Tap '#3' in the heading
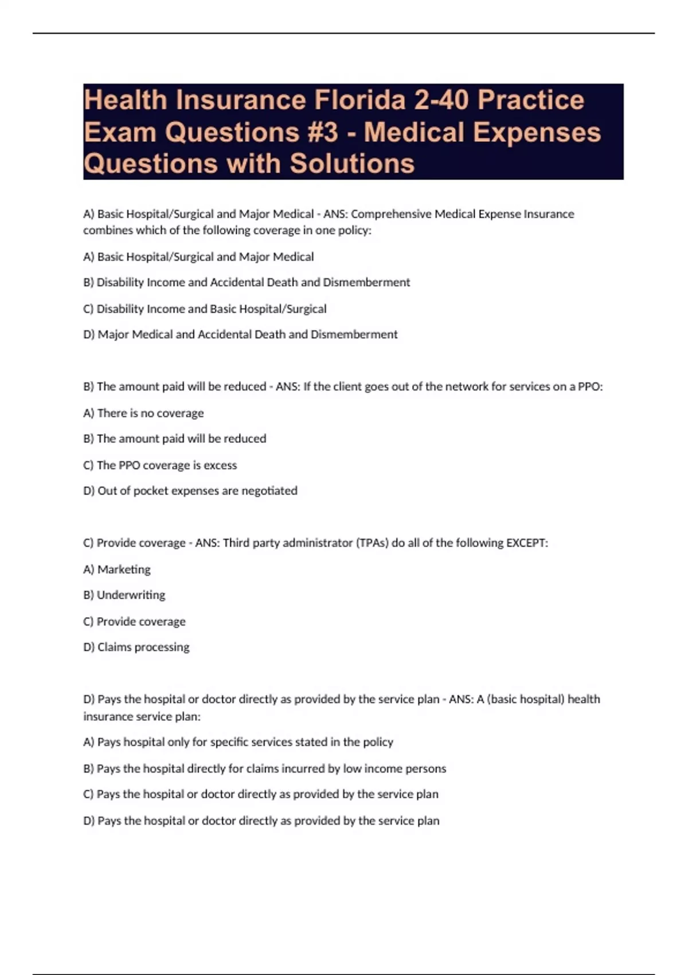[x=319, y=132]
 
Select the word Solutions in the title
[x=352, y=163]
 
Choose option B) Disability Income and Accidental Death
[x=247, y=282]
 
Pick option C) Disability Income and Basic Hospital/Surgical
[x=205, y=309]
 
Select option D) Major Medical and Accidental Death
[x=240, y=334]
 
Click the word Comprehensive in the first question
[x=390, y=214]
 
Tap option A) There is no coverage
[x=143, y=413]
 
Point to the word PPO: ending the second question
[x=590, y=387]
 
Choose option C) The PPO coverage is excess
[x=160, y=465]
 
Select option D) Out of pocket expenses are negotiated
[x=190, y=491]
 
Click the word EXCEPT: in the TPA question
[x=527, y=543]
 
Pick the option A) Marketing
[x=117, y=570]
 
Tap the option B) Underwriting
[x=124, y=595]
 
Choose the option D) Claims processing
[x=136, y=647]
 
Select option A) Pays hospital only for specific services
[x=239, y=742]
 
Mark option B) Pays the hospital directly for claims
[x=264, y=769]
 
